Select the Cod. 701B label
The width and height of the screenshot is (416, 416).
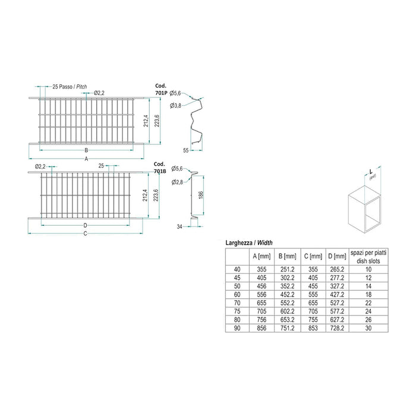click(x=159, y=168)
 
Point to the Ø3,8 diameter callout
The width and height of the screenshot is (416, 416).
click(x=175, y=105)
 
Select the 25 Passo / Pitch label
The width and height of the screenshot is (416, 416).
click(x=70, y=87)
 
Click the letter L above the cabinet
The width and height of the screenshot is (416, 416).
click(x=370, y=172)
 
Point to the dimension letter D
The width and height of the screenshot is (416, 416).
click(x=86, y=225)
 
